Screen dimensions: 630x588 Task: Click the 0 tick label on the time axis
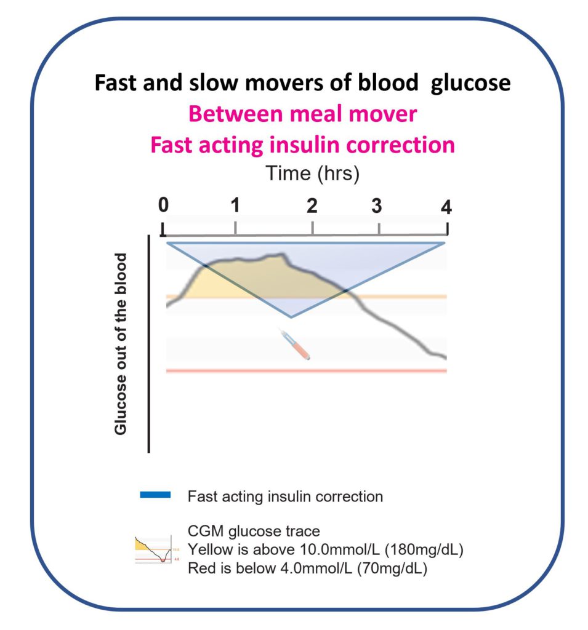click(163, 205)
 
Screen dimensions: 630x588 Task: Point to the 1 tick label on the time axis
click(235, 205)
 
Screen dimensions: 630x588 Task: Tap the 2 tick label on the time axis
click(313, 205)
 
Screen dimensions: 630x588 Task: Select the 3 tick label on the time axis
click(377, 205)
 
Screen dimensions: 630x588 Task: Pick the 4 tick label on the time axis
click(446, 207)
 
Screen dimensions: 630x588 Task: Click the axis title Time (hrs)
click(312, 173)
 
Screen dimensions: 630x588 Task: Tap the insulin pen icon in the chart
click(297, 345)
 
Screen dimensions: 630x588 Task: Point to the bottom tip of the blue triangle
click(291, 317)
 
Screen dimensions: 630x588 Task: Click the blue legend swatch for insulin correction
click(155, 495)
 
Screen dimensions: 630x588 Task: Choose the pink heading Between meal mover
click(302, 114)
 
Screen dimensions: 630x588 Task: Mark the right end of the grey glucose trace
click(445, 357)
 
